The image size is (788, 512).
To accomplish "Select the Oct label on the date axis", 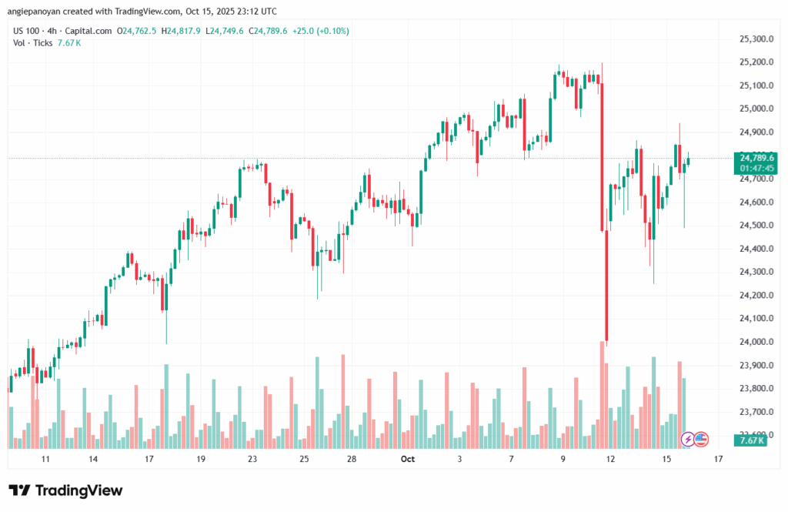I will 408,459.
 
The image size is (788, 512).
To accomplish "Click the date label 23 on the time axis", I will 252,459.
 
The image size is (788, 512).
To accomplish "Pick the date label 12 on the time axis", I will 611,459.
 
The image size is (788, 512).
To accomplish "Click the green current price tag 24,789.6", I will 756,158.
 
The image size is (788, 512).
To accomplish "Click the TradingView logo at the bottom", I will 65,490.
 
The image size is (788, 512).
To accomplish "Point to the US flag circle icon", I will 700,439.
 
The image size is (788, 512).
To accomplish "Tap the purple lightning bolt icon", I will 688,439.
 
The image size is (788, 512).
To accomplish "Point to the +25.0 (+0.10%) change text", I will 322,31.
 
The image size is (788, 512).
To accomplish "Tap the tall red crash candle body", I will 607,285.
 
